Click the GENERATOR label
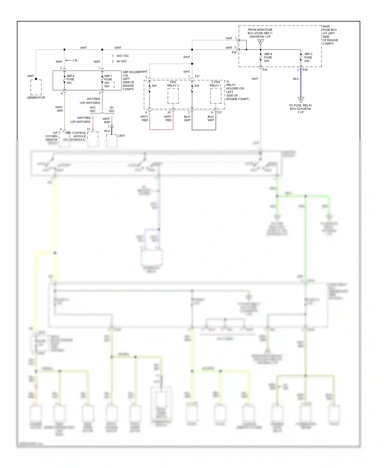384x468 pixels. [36, 98]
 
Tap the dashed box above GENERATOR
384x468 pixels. [36, 87]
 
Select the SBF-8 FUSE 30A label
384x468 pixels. [70, 79]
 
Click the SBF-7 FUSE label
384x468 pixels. [108, 78]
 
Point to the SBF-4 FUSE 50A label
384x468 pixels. [268, 58]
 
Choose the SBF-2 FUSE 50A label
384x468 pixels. [308, 58]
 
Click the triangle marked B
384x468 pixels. [261, 42]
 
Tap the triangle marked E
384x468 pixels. [301, 99]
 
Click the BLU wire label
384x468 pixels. [296, 79]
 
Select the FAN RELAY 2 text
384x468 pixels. [173, 84]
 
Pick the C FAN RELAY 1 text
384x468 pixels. [215, 84]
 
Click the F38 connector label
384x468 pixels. [265, 70]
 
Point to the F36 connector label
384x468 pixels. [305, 70]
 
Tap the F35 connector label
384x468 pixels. [234, 52]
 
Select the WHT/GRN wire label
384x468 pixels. [59, 109]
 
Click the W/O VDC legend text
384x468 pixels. [122, 56]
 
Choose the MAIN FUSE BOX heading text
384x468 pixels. [329, 28]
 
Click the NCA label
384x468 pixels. [107, 131]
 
